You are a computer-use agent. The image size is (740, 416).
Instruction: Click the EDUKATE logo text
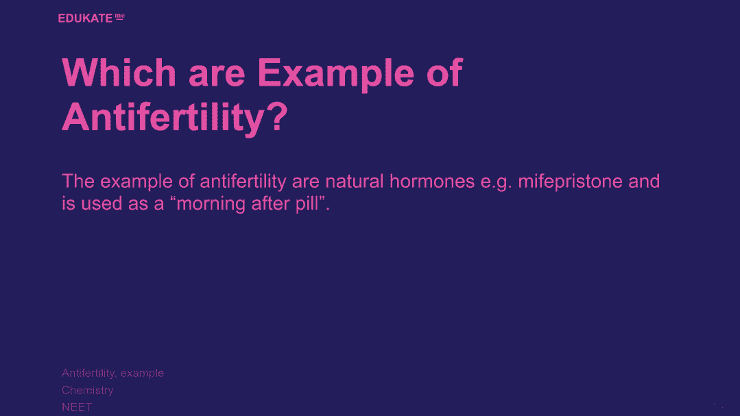coord(86,19)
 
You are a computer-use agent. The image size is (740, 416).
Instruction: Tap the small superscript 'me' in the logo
coord(120,16)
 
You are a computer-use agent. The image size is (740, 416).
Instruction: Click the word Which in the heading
coord(119,73)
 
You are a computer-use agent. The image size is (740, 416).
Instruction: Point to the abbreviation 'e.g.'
coord(496,183)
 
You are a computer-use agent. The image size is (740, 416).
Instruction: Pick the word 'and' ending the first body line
coord(644,181)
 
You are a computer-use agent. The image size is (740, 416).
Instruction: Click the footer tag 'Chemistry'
coord(88,391)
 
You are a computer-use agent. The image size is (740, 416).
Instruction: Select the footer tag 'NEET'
coord(77,407)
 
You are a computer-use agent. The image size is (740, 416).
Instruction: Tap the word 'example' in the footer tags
coord(142,374)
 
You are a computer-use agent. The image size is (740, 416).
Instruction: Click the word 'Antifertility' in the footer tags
coord(88,373)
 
